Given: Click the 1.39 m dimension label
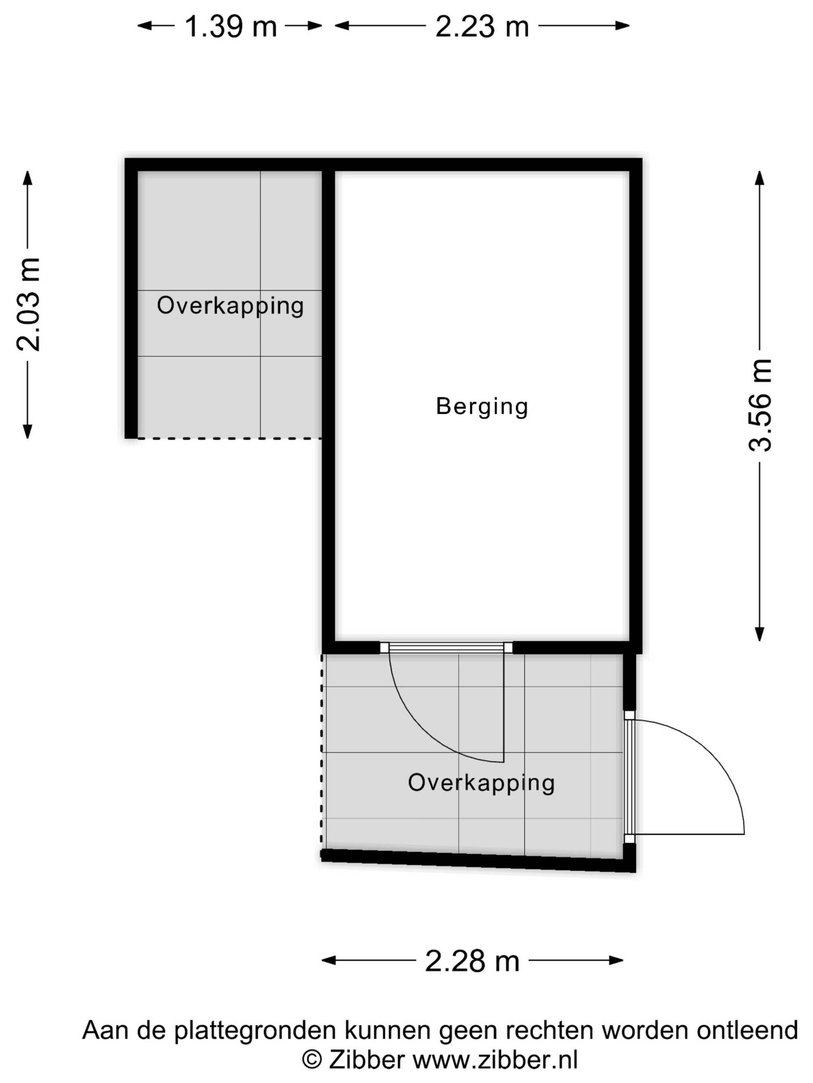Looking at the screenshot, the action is coord(230,26).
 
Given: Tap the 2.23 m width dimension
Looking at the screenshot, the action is coord(482,26).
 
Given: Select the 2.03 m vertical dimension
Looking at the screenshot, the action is coord(28,305).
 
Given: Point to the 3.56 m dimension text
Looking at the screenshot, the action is coord(760,405).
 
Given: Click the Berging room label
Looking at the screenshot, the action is coord(482,407).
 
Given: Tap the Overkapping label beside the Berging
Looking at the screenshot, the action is coord(230,306).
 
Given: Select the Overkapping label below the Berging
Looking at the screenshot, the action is coord(481,783).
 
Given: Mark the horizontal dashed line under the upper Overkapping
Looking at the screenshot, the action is coord(229,438).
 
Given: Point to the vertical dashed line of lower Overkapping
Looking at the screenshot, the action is coord(322,752).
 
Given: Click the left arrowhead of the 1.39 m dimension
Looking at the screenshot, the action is coord(145,26).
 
